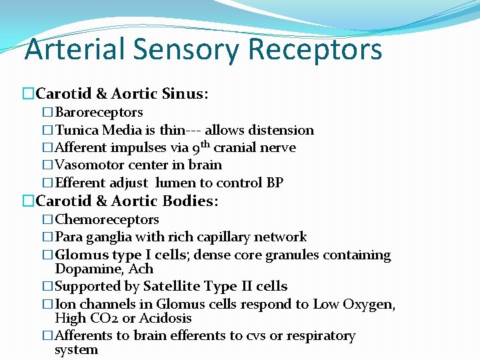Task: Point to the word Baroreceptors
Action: pyautogui.click(x=99, y=113)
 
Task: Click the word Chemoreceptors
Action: pyautogui.click(x=107, y=219)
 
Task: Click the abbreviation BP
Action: pyautogui.click(x=275, y=182)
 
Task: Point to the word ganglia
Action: pyautogui.click(x=109, y=237)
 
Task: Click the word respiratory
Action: pyautogui.click(x=321, y=336)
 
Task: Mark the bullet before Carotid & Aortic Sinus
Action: pyautogui.click(x=28, y=94)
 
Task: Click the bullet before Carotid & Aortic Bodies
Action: pyautogui.click(x=28, y=201)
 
